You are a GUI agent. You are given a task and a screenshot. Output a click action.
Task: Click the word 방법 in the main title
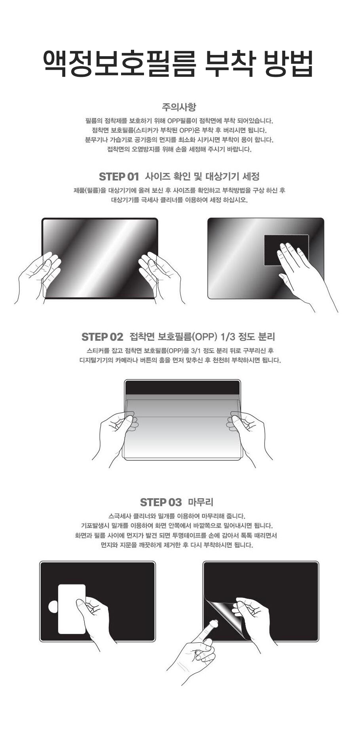[288, 63]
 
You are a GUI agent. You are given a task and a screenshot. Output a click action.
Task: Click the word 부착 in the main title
[228, 63]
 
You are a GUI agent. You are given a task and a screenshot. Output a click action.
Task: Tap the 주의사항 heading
[179, 107]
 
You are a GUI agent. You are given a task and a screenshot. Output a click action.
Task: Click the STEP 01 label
[119, 177]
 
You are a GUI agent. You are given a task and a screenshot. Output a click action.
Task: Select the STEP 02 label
[102, 337]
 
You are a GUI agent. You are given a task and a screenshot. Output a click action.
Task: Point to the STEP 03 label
[161, 502]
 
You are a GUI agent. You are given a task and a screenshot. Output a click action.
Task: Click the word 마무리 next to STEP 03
[201, 502]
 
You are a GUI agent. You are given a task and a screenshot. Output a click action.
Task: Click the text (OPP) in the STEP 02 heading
[205, 337]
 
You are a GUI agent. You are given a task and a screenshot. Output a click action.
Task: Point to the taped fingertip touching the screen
[214, 624]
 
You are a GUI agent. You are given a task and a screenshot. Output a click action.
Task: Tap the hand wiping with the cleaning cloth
[305, 273]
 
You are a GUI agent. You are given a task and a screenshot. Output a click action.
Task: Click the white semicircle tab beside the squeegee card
[53, 607]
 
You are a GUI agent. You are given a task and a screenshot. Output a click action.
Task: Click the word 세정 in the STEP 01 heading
[250, 177]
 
